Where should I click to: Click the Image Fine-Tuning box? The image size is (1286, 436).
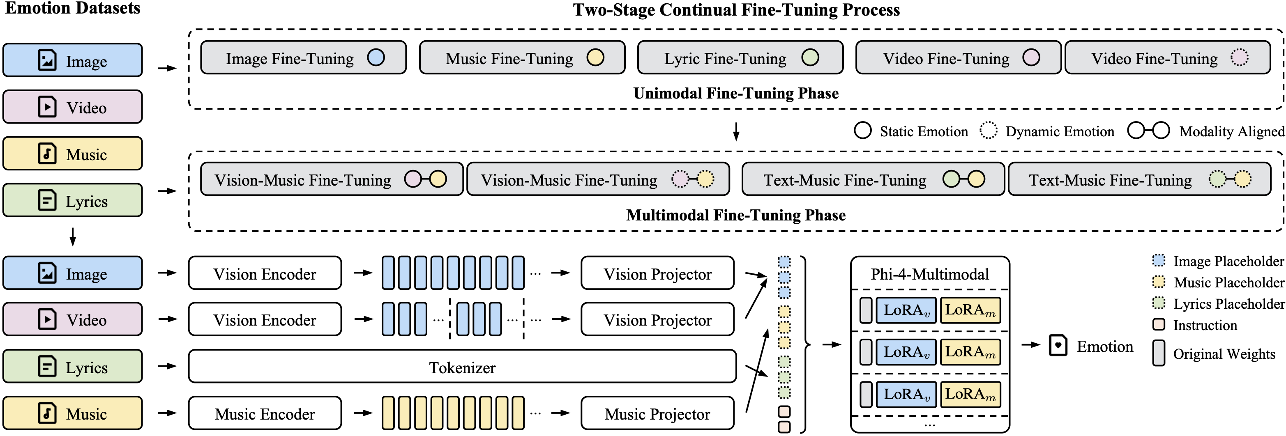coord(303,58)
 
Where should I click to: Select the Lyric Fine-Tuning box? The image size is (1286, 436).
coord(740,58)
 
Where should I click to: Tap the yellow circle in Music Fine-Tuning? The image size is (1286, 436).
coord(595,57)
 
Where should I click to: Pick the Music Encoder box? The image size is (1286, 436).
coord(265,413)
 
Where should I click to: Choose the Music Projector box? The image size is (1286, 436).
coord(657,413)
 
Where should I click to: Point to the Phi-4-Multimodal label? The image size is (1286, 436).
coord(929,274)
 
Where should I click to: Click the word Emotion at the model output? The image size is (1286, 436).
coord(1104,346)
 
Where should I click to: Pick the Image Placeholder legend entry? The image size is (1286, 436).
coord(1218,261)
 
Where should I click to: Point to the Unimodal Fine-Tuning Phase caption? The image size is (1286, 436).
coord(736,93)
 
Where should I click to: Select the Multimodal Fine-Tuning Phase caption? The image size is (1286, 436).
coord(736,215)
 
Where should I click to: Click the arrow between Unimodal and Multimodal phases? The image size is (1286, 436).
coord(736,131)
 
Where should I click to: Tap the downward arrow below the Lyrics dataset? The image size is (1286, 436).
coord(73,237)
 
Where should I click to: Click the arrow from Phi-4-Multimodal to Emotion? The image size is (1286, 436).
coord(1030,345)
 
